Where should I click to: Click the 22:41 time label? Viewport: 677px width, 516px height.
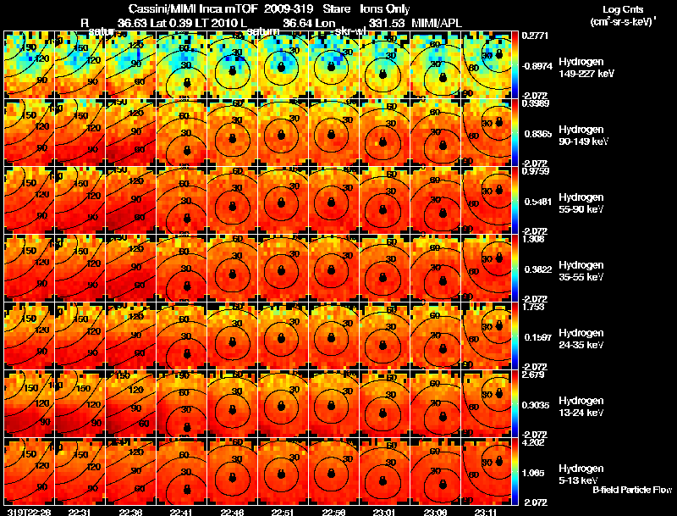click(182, 511)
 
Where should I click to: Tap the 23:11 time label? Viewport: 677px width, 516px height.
click(487, 511)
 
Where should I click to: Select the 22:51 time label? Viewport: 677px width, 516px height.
click(283, 511)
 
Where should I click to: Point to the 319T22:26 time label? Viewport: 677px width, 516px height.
click(28, 511)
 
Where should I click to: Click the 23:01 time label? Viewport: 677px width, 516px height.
click(385, 511)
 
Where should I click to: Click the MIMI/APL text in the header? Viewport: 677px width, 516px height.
click(438, 21)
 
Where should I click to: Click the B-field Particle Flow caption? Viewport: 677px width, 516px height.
click(632, 490)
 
